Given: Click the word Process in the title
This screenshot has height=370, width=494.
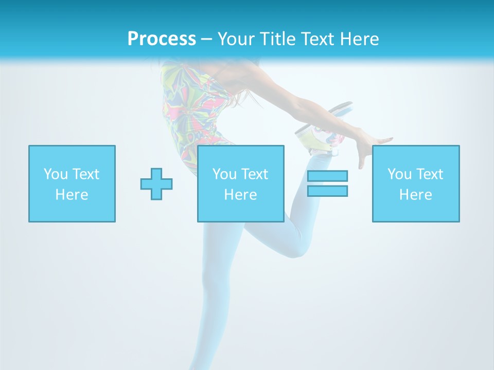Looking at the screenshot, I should [162, 39].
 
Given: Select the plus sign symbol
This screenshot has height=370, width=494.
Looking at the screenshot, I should [156, 184].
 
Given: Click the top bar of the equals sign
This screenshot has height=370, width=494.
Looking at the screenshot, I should [327, 176].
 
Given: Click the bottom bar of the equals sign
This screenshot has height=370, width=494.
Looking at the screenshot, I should [327, 191].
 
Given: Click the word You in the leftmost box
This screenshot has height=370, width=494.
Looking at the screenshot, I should [56, 174].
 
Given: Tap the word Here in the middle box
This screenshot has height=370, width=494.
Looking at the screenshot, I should [240, 195].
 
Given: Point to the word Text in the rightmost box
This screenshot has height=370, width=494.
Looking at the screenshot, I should [430, 174].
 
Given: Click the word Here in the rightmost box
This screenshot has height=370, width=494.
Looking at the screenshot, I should [415, 195].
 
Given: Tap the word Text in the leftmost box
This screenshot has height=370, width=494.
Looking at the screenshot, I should [85, 174].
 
